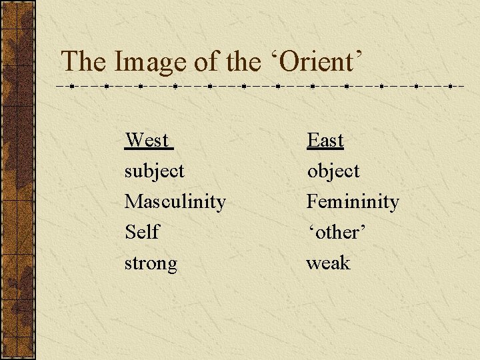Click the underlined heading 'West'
[147, 140]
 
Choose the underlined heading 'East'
[325, 140]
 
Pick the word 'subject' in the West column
[154, 171]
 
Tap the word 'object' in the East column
[333, 171]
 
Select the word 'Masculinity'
[175, 201]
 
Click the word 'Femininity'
[352, 201]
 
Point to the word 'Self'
[141, 232]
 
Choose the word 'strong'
[151, 263]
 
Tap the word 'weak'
[328, 263]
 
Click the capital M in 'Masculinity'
[133, 201]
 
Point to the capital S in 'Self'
[130, 232]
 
